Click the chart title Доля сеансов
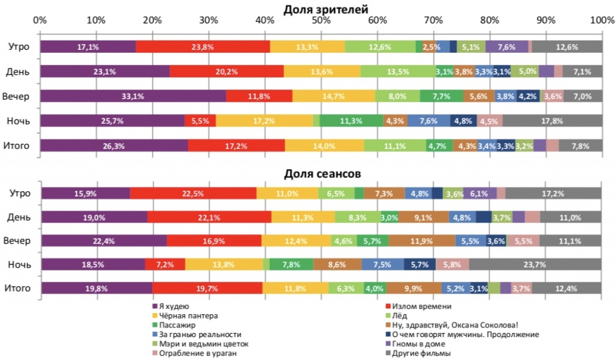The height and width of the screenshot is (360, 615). click(x=322, y=174)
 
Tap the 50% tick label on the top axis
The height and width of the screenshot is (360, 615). click(x=321, y=20)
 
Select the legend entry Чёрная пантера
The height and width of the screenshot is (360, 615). click(x=184, y=315)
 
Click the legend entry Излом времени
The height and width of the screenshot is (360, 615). click(x=420, y=306)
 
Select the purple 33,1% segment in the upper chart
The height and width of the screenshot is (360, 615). click(x=133, y=96)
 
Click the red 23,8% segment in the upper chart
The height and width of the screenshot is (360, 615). click(x=203, y=47)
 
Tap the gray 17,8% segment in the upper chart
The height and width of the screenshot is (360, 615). click(x=553, y=121)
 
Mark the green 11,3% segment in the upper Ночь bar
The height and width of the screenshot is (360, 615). click(x=351, y=121)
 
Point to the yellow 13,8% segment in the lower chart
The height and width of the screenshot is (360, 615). click(x=223, y=264)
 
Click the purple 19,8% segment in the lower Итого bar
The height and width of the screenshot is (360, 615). click(x=96, y=288)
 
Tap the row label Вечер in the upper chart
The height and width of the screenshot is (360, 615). click(x=17, y=96)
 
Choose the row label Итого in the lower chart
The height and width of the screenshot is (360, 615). click(x=17, y=288)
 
